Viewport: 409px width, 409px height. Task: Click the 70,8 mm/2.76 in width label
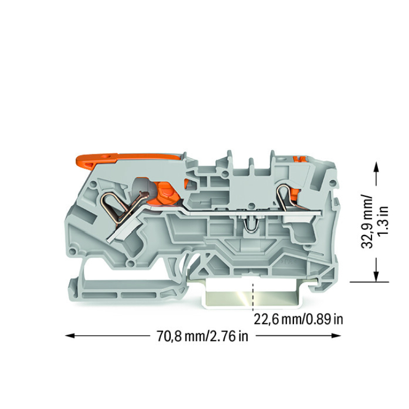pos(202,336)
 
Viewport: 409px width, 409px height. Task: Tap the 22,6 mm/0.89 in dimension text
pos(298,319)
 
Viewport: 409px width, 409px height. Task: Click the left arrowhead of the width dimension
pos(70,336)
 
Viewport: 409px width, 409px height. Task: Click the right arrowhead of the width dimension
pos(336,336)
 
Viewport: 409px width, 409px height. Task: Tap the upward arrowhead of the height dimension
pos(376,166)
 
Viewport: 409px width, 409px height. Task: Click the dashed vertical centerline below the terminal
pos(252,297)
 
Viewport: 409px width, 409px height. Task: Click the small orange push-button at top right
pos(299,159)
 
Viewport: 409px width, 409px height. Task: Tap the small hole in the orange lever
pos(106,157)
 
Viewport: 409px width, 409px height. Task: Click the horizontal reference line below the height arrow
pos(369,282)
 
